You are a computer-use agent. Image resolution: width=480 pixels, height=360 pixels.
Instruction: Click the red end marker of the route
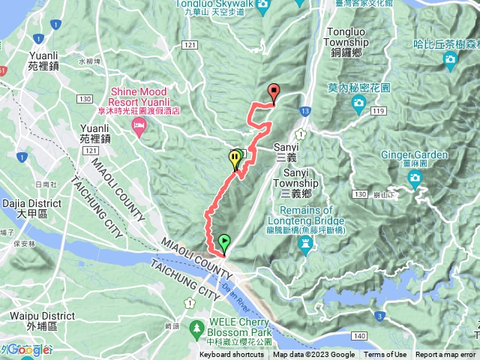[x=273, y=92]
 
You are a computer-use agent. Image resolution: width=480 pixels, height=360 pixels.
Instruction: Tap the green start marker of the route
[x=224, y=242]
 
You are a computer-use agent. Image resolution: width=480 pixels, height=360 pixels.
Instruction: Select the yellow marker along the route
[x=235, y=158]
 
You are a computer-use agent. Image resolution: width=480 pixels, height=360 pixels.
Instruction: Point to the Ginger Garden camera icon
[x=415, y=177]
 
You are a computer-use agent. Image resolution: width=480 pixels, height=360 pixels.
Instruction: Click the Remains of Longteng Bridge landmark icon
[x=307, y=244]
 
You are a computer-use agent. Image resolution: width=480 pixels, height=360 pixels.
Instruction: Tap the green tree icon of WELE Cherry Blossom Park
[x=196, y=328]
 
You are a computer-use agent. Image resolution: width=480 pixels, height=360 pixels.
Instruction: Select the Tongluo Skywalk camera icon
[x=262, y=7]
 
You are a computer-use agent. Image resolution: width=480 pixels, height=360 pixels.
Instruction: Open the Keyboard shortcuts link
[x=231, y=355]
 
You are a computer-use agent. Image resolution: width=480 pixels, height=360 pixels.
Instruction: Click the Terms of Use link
[x=385, y=355]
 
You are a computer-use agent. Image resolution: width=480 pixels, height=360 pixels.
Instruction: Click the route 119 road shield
[x=377, y=111]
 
